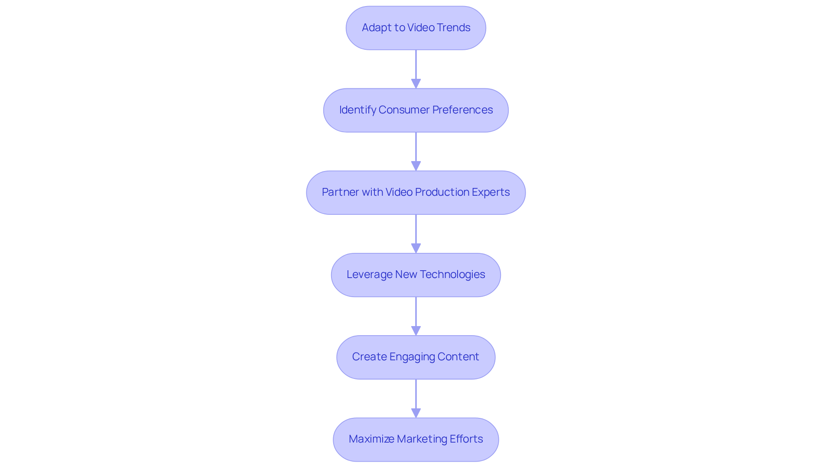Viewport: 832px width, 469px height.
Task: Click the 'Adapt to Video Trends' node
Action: [416, 28]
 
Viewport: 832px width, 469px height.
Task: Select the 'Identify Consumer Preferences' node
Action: [416, 110]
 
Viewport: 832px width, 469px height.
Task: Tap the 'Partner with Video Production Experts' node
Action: [416, 192]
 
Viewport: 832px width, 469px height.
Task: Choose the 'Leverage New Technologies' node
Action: [416, 275]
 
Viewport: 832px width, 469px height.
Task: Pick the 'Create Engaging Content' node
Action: [416, 357]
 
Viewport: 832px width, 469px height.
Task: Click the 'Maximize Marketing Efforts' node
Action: [416, 439]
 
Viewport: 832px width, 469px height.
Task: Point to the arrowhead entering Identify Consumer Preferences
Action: [416, 84]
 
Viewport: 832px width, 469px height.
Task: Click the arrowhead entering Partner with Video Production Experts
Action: [416, 166]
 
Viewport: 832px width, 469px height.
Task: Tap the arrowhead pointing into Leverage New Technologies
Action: [416, 248]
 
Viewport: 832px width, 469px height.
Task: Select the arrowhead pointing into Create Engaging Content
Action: [416, 330]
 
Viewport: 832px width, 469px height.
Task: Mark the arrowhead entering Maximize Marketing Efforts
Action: [416, 413]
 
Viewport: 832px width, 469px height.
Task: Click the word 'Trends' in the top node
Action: [454, 28]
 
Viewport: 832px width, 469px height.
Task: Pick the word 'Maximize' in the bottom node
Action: [371, 439]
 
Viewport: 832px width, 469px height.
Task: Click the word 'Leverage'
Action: [369, 275]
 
